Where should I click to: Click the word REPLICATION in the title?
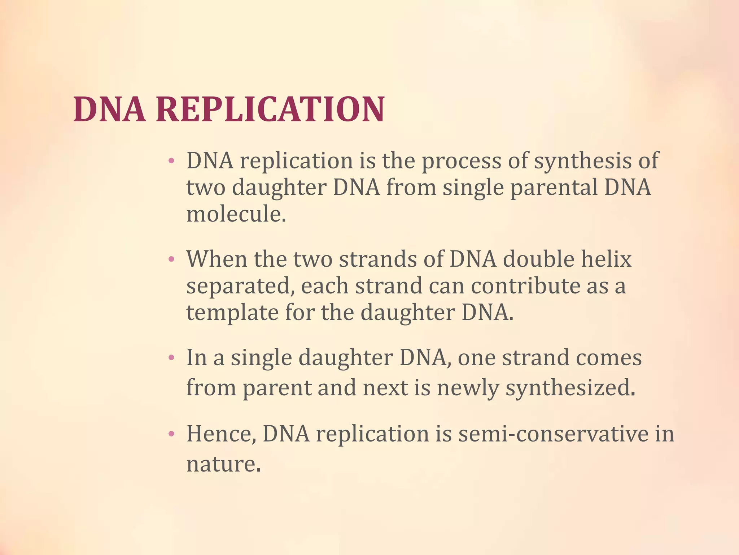pos(270,109)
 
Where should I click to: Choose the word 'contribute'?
pos(525,286)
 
